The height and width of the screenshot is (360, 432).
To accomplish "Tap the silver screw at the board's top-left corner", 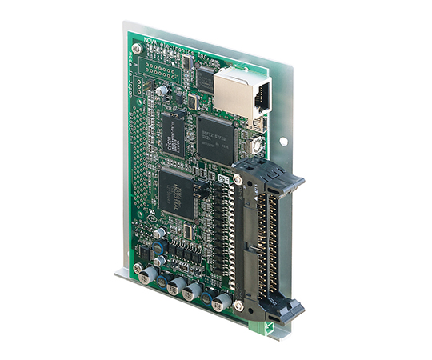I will pos(138,49).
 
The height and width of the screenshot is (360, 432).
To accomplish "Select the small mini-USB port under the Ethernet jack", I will pos(258,123).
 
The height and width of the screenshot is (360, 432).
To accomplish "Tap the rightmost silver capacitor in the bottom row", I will pos(223,301).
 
